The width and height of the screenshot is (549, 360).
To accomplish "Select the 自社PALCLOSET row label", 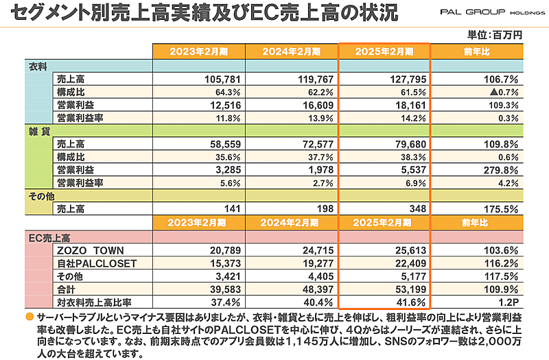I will point(97,263).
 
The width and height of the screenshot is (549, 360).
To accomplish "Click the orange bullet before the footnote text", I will point(28,317).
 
